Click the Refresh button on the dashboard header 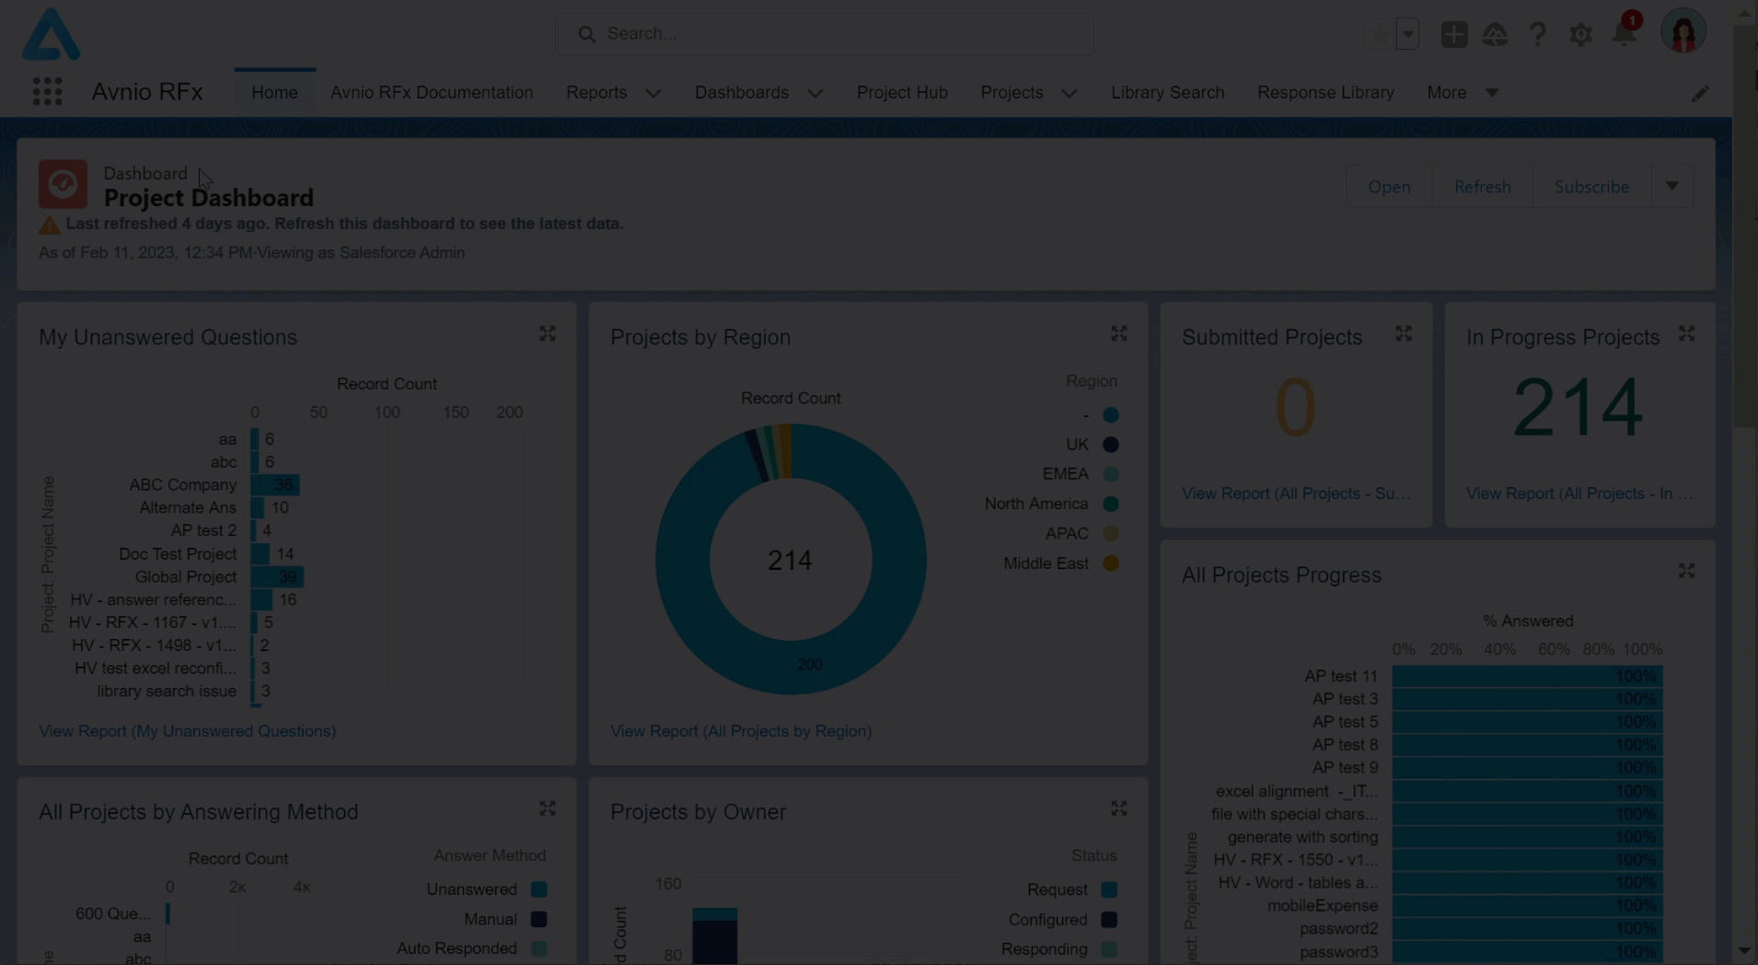click(x=1482, y=187)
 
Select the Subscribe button click(x=1591, y=187)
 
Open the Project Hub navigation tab click(x=901, y=92)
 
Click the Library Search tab click(x=1167, y=92)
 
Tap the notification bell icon click(x=1625, y=35)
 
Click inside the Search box click(x=824, y=34)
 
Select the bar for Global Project click(x=277, y=577)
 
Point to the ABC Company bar click(x=275, y=485)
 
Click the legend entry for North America click(x=1037, y=504)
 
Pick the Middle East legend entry click(x=1047, y=564)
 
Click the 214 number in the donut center click(x=790, y=560)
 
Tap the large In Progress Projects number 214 click(x=1578, y=407)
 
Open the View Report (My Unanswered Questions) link click(x=187, y=731)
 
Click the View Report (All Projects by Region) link click(x=740, y=731)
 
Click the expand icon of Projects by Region click(x=1118, y=333)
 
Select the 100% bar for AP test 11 click(x=1526, y=676)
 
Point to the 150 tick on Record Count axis click(x=456, y=413)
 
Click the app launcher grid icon click(x=47, y=92)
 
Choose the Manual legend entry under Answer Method click(x=491, y=919)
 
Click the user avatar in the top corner click(x=1683, y=33)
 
